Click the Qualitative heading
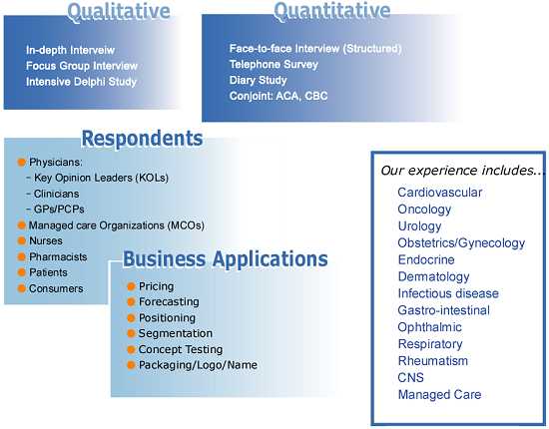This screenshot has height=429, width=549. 119,13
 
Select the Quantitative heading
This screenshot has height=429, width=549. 332,12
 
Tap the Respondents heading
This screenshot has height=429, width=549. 142,139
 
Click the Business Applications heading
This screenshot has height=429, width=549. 226,259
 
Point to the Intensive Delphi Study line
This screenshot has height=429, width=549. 81,82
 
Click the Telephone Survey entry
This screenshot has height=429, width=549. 274,65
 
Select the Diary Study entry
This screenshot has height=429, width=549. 259,80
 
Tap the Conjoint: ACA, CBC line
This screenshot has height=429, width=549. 278,96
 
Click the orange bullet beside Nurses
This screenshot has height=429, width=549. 22,240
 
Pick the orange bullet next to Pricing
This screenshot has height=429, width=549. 132,286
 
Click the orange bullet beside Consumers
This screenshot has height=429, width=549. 22,288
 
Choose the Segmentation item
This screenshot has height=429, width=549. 176,333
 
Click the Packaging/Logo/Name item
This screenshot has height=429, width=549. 198,365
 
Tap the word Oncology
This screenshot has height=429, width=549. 424,210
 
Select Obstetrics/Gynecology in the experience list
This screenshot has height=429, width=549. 461,242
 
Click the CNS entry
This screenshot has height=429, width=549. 410,377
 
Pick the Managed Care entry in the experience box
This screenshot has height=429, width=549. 440,395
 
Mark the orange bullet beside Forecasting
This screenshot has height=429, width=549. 132,302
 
